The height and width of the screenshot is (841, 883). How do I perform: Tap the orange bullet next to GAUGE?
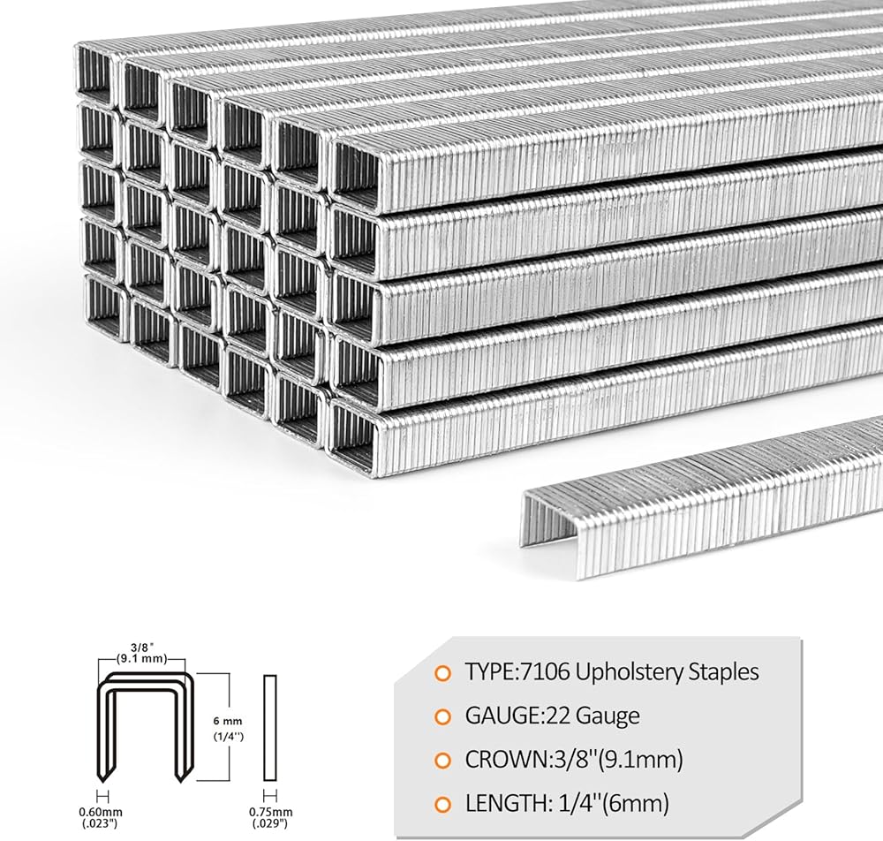pyautogui.click(x=441, y=716)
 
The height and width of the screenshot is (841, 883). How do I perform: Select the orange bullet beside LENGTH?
pyautogui.click(x=441, y=804)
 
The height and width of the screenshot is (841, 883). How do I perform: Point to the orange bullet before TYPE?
pyautogui.click(x=441, y=672)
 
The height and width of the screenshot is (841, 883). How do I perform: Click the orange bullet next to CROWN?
pyautogui.click(x=441, y=760)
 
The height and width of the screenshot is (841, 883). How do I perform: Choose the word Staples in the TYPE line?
pyautogui.click(x=721, y=671)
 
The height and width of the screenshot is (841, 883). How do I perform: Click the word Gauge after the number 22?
pyautogui.click(x=606, y=716)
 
